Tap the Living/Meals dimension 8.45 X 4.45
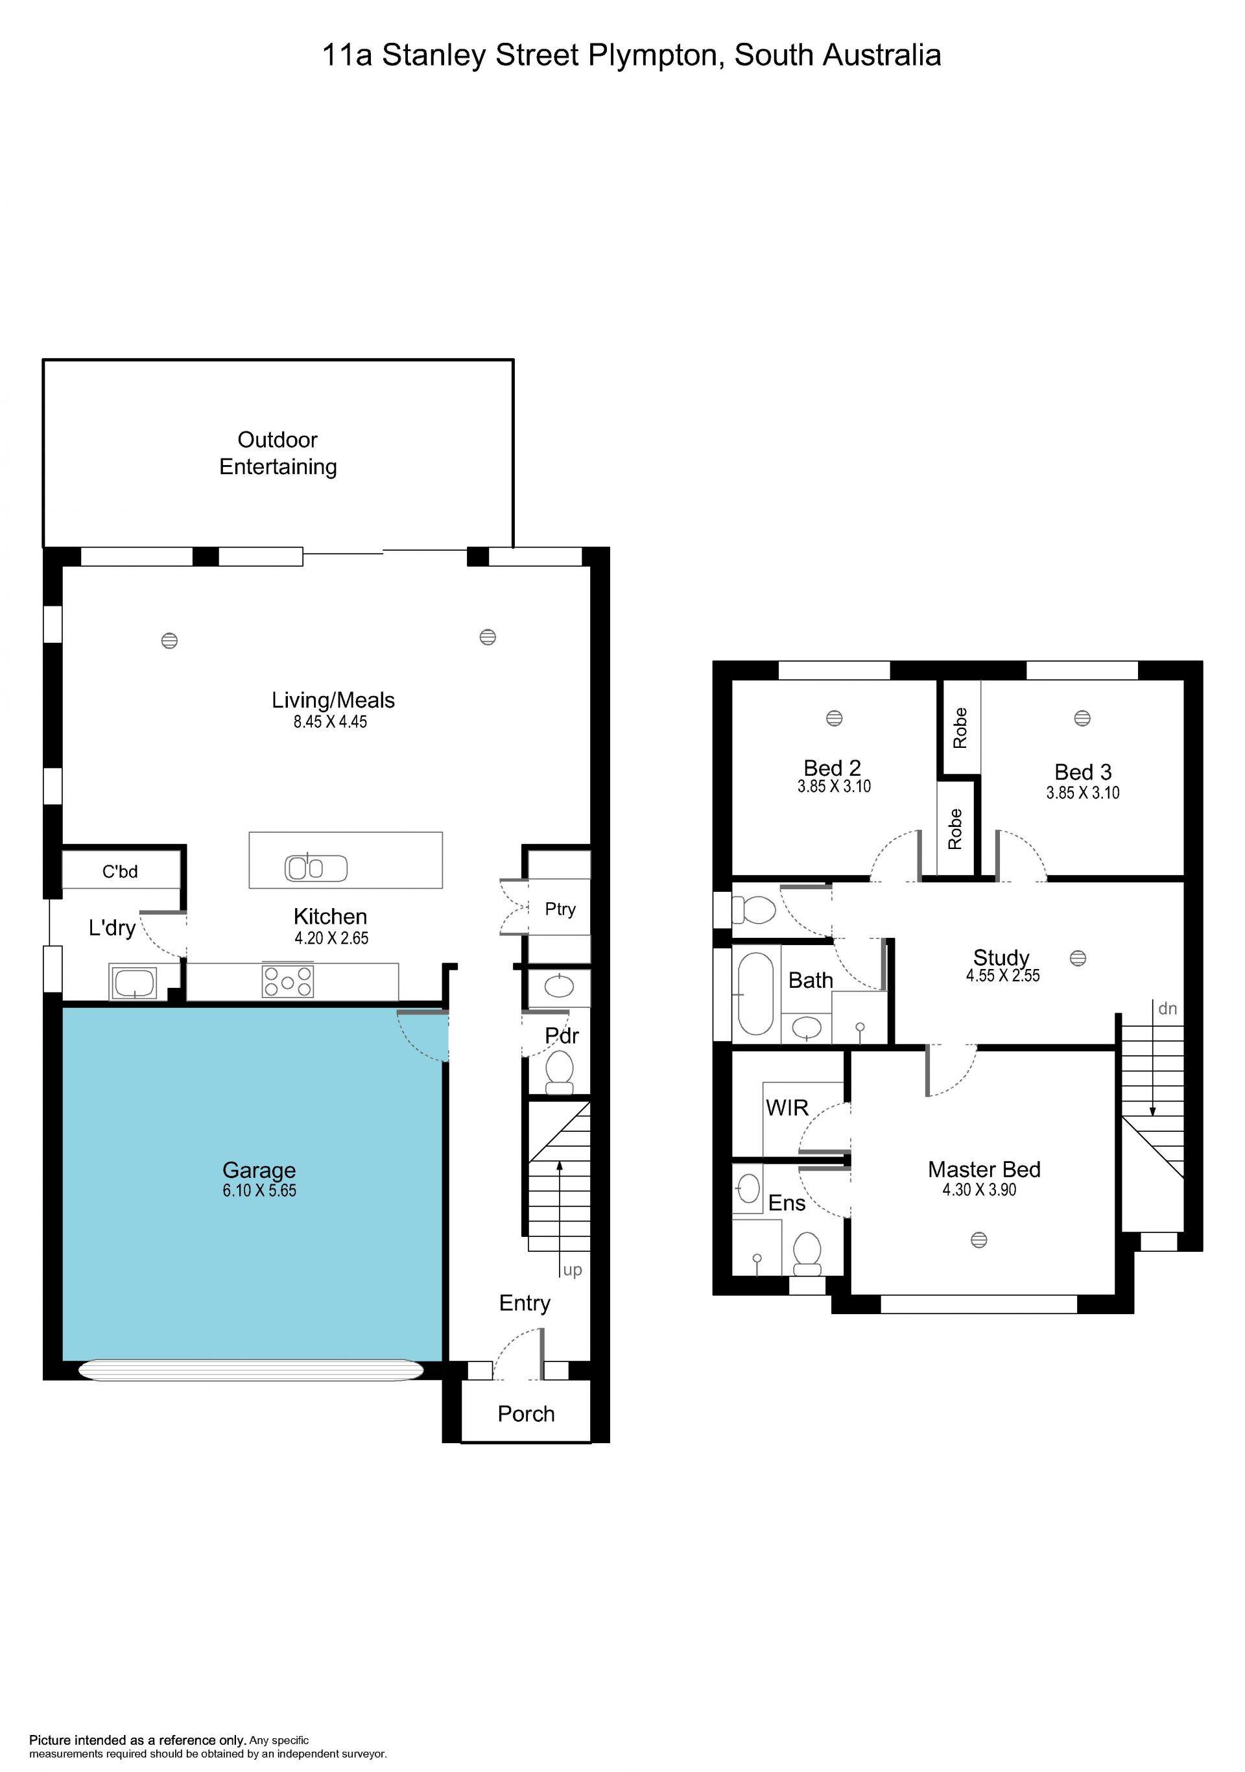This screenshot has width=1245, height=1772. (330, 722)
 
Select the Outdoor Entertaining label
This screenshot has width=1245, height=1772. (278, 453)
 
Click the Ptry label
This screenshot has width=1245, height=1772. (560, 909)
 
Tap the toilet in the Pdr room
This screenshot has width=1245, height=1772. (559, 1073)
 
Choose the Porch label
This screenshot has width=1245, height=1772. (526, 1414)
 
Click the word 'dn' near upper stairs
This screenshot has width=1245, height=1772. (1167, 1008)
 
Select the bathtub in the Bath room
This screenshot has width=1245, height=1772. (756, 993)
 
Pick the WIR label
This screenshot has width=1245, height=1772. (787, 1108)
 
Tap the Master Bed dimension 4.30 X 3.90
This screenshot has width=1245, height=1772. (979, 1190)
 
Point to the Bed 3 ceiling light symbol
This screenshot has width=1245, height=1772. (1082, 718)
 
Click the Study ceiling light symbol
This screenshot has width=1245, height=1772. (1078, 958)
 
